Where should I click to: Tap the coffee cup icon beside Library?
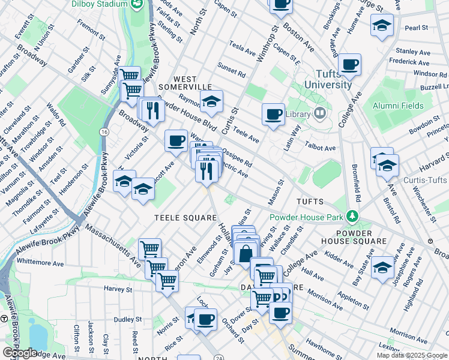[x=274, y=114]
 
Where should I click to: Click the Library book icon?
[x=320, y=113]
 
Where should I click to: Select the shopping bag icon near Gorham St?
[x=246, y=253]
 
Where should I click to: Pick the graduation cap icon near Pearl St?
[x=381, y=26]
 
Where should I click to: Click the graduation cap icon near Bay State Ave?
[x=382, y=267]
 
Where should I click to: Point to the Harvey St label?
[x=117, y=289]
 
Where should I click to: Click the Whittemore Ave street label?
[x=40, y=262]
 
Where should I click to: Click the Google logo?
[x=20, y=353]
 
